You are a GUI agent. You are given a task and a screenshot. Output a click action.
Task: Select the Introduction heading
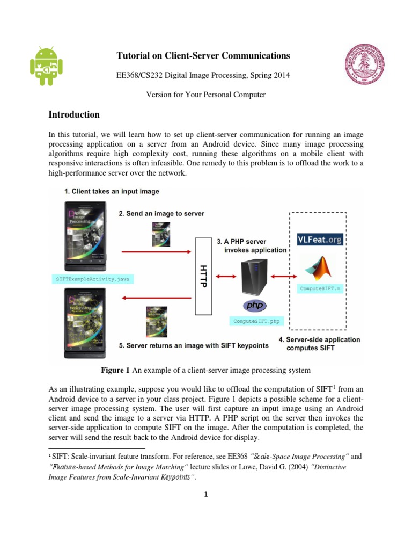[74, 114]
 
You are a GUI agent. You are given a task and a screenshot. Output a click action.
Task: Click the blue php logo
[256, 306]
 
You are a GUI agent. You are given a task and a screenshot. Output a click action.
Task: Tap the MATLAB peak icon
[320, 269]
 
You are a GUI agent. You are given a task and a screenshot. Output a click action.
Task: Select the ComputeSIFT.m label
[320, 288]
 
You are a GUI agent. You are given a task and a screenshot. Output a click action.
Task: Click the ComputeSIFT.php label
[256, 321]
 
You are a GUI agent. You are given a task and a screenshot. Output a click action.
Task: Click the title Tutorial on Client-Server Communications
[203, 56]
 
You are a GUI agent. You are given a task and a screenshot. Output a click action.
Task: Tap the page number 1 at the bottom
[206, 495]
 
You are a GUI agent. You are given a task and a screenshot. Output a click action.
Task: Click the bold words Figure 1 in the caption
[115, 370]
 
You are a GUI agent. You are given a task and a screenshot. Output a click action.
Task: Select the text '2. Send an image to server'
[161, 213]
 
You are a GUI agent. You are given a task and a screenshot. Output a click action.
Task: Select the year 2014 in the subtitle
[280, 76]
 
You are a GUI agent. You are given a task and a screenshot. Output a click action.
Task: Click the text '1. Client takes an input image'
[111, 191]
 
